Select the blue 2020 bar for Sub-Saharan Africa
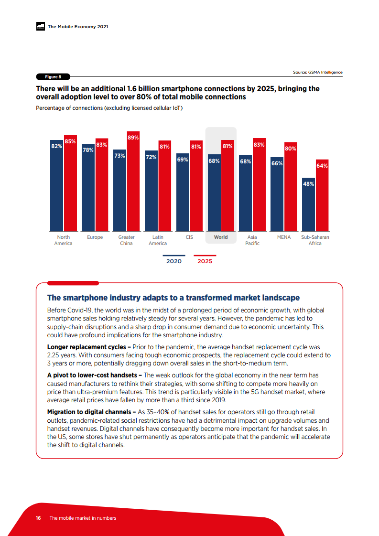click(x=309, y=208)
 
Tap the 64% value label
click(x=322, y=166)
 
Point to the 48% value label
click(x=309, y=184)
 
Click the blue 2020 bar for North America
click(x=57, y=191)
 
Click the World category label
click(x=221, y=237)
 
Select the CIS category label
click(x=189, y=237)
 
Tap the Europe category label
click(x=95, y=237)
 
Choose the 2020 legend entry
click(x=173, y=261)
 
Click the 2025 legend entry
click(x=205, y=261)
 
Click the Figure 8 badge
click(x=53, y=77)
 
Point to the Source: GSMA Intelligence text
click(x=317, y=72)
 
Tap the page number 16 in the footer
click(x=38, y=518)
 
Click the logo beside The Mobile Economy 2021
click(x=41, y=27)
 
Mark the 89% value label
click(x=133, y=138)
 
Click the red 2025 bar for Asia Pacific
click(x=259, y=189)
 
